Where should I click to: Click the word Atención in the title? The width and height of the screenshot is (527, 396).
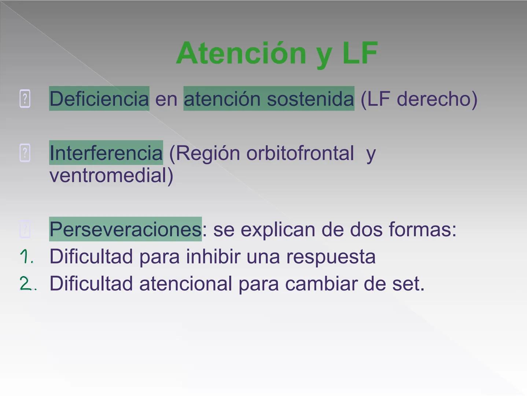pos(241,53)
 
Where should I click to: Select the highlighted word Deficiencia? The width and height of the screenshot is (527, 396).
pos(99,99)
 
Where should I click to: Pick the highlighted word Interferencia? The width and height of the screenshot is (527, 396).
pos(106,153)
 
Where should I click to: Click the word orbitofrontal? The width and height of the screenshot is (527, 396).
pos(300,153)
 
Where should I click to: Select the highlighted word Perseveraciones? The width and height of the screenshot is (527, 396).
pos(125,229)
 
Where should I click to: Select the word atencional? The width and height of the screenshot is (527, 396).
pos(185,284)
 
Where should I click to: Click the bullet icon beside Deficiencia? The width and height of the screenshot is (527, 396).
pos(25,99)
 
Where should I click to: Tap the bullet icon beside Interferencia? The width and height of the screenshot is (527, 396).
pos(25,153)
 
